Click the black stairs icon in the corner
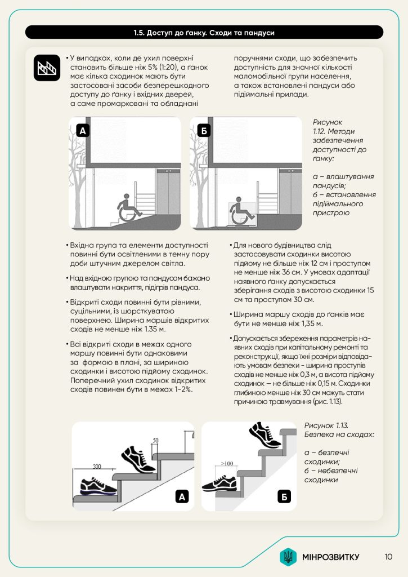pyautogui.click(x=47, y=68)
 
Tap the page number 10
pyautogui.click(x=389, y=557)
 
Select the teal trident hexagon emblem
pyautogui.click(x=288, y=557)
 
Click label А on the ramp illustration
pyautogui.click(x=83, y=132)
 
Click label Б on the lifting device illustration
pyautogui.click(x=203, y=132)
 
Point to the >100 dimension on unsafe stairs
pyautogui.click(x=227, y=463)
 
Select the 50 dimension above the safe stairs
pyautogui.click(x=155, y=440)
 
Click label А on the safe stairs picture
pyautogui.click(x=182, y=496)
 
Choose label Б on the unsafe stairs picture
pyautogui.click(x=285, y=496)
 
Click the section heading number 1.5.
pyautogui.click(x=140, y=33)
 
